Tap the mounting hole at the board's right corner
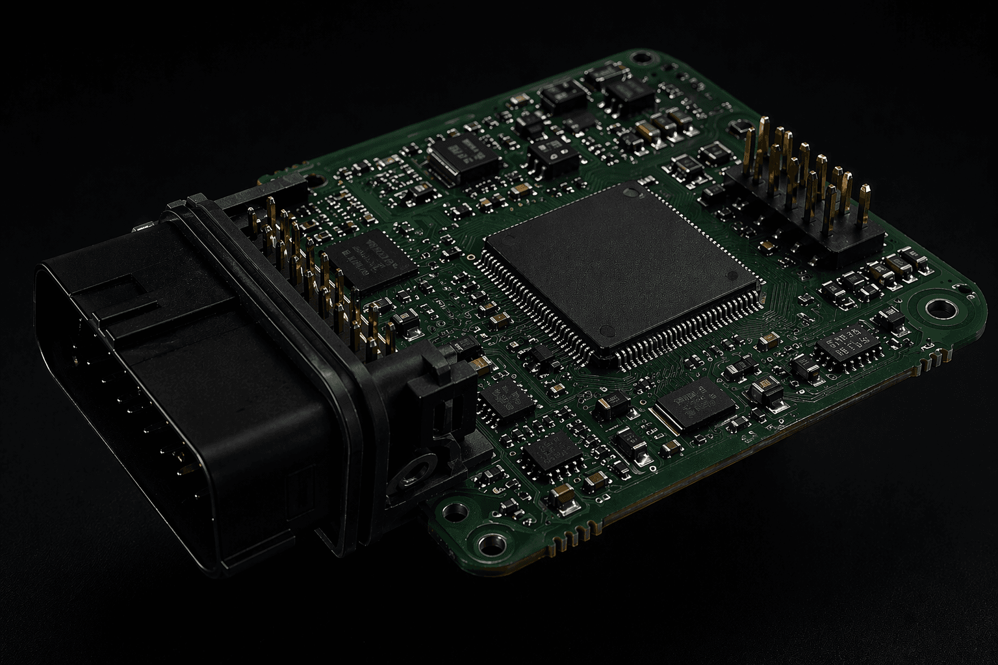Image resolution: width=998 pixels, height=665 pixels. tap(938, 308)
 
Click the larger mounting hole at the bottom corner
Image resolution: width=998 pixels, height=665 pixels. tap(487, 541)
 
